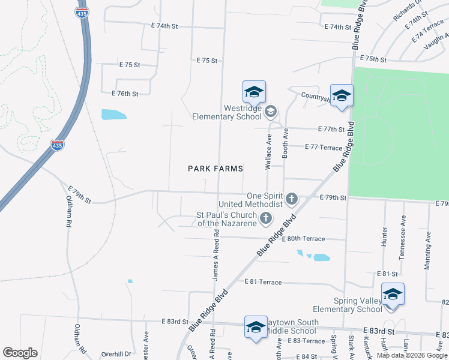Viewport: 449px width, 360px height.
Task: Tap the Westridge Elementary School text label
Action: pos(226,112)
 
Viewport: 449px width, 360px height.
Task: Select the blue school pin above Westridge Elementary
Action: pos(254,92)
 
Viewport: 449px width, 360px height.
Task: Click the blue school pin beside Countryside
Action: pos(342,96)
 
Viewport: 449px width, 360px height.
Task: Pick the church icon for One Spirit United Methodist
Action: pos(292,198)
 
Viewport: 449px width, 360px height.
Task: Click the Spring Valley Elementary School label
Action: pos(358,305)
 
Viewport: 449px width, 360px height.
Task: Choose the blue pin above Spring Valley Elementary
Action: pos(393,295)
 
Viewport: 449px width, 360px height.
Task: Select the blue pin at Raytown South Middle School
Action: pos(256,328)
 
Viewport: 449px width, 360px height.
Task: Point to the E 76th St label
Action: pos(125,94)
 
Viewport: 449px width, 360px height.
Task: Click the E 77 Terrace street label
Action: pos(324,147)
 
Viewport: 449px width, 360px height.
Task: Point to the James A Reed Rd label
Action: pos(215,259)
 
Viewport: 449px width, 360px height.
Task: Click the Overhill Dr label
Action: pos(116,354)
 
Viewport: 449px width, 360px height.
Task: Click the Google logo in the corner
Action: pos(20,353)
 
